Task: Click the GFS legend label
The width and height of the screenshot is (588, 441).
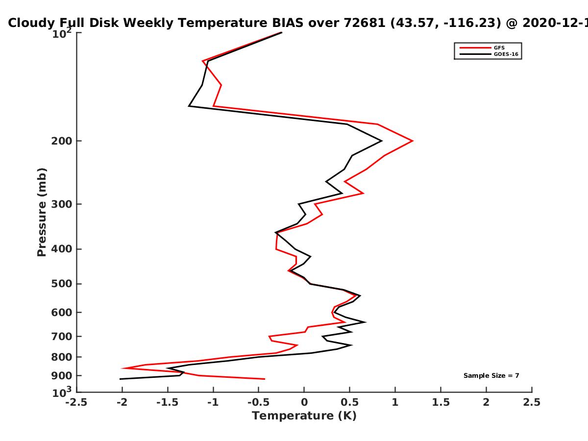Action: pyautogui.click(x=499, y=48)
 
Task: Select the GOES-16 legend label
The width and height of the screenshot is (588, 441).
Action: pyautogui.click(x=506, y=54)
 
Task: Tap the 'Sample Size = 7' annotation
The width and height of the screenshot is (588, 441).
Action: pyautogui.click(x=491, y=376)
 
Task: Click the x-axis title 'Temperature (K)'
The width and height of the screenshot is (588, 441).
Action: pyautogui.click(x=304, y=416)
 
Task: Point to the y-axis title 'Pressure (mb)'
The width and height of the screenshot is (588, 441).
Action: pyautogui.click(x=42, y=212)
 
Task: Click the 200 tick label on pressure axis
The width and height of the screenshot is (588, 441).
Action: pyautogui.click(x=62, y=141)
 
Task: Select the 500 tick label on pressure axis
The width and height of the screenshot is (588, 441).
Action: pyautogui.click(x=62, y=284)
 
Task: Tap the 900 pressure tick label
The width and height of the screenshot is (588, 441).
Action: pyautogui.click(x=62, y=376)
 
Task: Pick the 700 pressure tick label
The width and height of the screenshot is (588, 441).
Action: pyautogui.click(x=62, y=337)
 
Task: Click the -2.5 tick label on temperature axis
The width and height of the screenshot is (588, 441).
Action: pyautogui.click(x=76, y=402)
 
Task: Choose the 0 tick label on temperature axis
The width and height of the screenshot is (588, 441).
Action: pyautogui.click(x=304, y=402)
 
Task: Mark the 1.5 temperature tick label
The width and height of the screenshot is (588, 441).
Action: pyautogui.click(x=441, y=402)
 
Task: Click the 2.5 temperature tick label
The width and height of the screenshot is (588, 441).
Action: pyautogui.click(x=532, y=402)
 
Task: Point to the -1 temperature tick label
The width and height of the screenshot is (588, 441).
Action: pyautogui.click(x=213, y=402)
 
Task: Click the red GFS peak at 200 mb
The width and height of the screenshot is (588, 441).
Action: pyautogui.click(x=413, y=141)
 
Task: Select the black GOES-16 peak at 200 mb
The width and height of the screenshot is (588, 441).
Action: pyautogui.click(x=382, y=141)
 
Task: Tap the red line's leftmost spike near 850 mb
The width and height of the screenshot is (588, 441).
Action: pyautogui.click(x=122, y=368)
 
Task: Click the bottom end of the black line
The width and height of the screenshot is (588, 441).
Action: pyautogui.click(x=120, y=379)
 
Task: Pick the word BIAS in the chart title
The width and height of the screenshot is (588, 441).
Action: pyautogui.click(x=288, y=23)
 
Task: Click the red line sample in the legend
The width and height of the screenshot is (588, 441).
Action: pyautogui.click(x=475, y=48)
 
